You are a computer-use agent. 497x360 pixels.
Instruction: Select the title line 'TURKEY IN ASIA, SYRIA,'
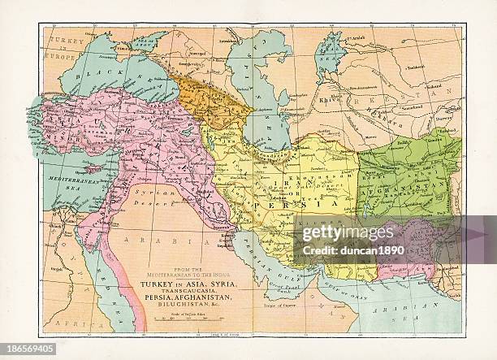coord(188,282)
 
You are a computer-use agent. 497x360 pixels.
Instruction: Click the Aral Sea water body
coord(330,54)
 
